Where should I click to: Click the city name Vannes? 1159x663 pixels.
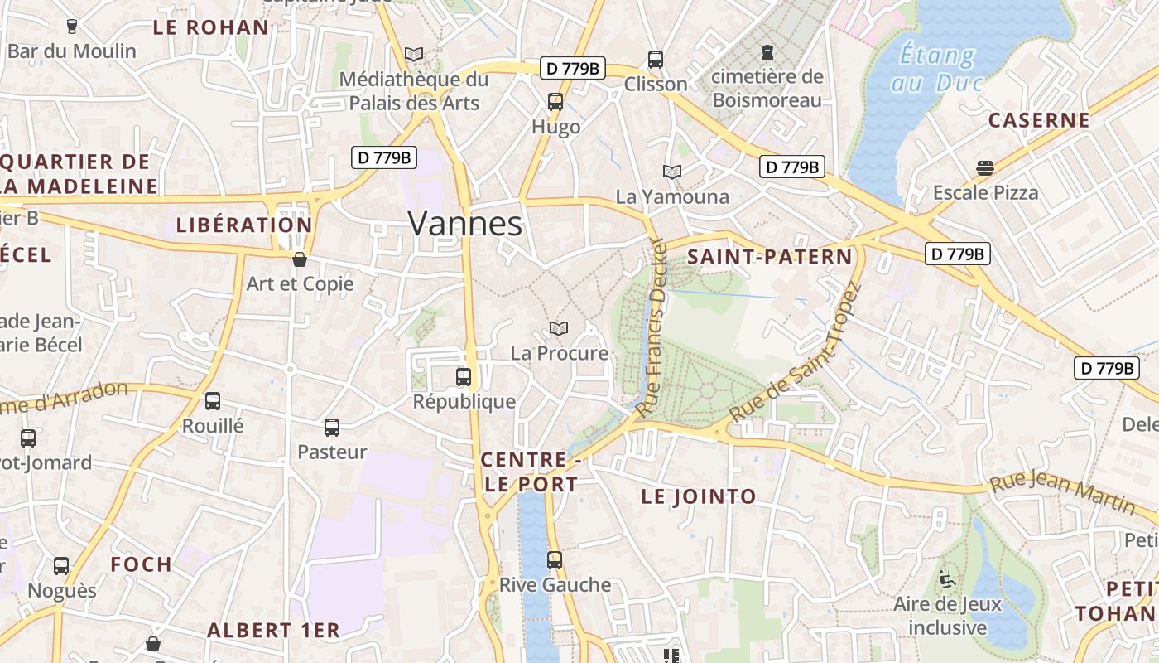point(465,224)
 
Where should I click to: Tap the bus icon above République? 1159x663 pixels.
point(464,377)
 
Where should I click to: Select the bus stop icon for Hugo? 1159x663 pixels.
point(555,103)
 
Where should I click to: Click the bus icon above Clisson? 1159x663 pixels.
point(656,60)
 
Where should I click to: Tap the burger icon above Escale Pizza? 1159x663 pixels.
point(984,168)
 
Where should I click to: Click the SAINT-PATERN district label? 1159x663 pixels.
point(770,257)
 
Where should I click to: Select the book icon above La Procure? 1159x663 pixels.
point(560,329)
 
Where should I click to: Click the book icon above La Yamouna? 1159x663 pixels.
point(672,172)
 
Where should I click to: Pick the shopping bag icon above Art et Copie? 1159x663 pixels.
point(300,259)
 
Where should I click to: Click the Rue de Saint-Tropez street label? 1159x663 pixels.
point(795,354)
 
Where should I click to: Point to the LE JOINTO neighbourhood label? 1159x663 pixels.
point(699,496)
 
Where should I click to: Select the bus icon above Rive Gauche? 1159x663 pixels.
point(555,560)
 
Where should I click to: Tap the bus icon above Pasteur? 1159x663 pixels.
point(332,428)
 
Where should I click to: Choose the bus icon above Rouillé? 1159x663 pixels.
point(213,401)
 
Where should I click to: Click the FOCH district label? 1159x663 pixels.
point(142,564)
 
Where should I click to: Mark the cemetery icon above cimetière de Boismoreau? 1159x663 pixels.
point(767,52)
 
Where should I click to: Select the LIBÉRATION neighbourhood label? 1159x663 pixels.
point(244,225)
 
